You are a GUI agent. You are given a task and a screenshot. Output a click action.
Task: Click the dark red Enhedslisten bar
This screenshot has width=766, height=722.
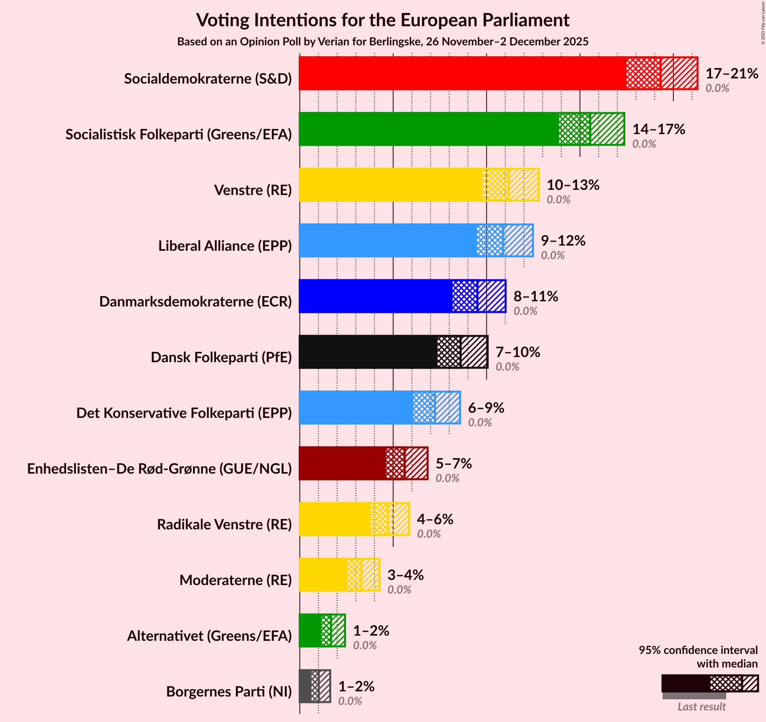[x=342, y=463]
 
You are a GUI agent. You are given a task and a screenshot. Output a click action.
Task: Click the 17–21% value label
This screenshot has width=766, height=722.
[x=731, y=74]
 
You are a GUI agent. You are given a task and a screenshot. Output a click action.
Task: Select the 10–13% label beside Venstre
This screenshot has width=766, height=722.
[x=573, y=185]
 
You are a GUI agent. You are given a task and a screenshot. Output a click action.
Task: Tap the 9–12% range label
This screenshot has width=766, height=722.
[x=563, y=241]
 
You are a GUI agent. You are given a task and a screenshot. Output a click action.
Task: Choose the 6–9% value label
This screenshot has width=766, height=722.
[x=486, y=408]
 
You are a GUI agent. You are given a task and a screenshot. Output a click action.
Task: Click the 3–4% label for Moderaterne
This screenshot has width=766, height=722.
[x=405, y=575]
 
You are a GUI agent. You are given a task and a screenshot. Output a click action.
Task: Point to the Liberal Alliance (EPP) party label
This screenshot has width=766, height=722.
[x=225, y=246]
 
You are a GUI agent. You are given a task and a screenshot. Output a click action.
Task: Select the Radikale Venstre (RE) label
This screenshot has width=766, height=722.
[x=224, y=525]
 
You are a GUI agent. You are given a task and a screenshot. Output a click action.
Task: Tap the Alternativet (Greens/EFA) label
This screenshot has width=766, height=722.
[x=209, y=636]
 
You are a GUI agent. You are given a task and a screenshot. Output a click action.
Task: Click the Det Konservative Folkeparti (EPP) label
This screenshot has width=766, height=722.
[x=184, y=413]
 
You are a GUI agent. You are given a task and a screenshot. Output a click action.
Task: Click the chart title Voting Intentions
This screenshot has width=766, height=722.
[x=383, y=20]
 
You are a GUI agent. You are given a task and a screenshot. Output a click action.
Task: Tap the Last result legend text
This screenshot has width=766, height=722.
[x=702, y=706]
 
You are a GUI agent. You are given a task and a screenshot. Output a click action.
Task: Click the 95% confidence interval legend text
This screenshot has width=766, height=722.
[x=698, y=650]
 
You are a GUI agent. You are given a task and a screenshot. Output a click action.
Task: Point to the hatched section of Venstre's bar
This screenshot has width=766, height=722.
[x=523, y=185]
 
